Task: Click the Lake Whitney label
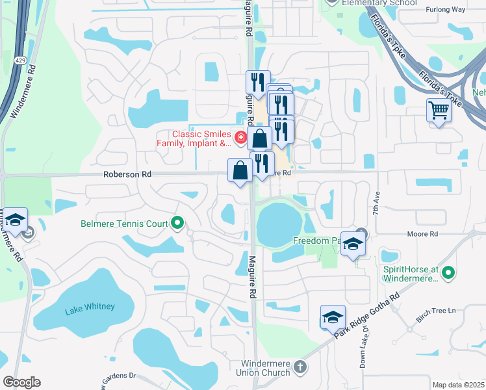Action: (90, 307)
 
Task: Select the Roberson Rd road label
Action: (127, 174)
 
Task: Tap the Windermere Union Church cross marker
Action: (300, 367)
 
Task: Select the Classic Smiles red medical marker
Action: (240, 137)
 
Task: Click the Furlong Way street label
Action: (445, 10)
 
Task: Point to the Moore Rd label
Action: (424, 233)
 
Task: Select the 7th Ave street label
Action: (376, 204)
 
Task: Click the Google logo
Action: (21, 382)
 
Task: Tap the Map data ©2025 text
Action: (459, 385)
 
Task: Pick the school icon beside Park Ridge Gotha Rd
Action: (333, 317)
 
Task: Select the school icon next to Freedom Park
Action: (353, 244)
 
